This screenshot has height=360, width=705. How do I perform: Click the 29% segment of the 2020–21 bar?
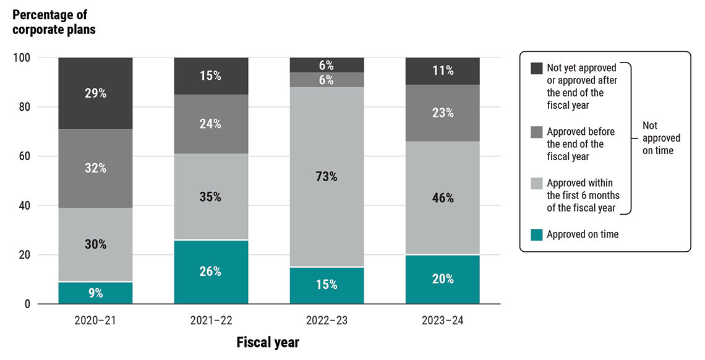[96, 93]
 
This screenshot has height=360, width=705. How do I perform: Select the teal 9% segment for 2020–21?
[96, 293]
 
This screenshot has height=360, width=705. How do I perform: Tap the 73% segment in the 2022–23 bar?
[327, 177]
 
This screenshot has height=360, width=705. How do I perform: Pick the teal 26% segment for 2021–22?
[211, 272]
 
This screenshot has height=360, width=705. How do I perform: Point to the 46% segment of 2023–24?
[442, 198]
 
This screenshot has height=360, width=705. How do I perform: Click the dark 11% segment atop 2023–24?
[442, 71]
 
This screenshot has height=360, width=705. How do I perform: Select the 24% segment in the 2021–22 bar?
[211, 124]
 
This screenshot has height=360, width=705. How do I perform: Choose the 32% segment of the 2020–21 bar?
[96, 168]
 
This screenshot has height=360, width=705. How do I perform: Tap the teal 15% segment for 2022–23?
[327, 285]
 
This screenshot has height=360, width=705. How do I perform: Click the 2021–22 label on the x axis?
[211, 320]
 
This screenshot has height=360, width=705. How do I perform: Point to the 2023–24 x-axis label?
[442, 320]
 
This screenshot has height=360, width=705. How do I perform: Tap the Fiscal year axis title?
[268, 342]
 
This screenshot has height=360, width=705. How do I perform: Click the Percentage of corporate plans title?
[53, 22]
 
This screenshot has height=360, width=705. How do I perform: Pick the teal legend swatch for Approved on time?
[536, 234]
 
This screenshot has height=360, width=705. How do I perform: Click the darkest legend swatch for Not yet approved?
[536, 68]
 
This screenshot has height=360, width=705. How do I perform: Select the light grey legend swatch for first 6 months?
[536, 183]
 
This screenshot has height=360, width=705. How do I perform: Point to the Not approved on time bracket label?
[659, 138]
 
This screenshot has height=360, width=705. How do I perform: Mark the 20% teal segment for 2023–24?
[442, 279]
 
